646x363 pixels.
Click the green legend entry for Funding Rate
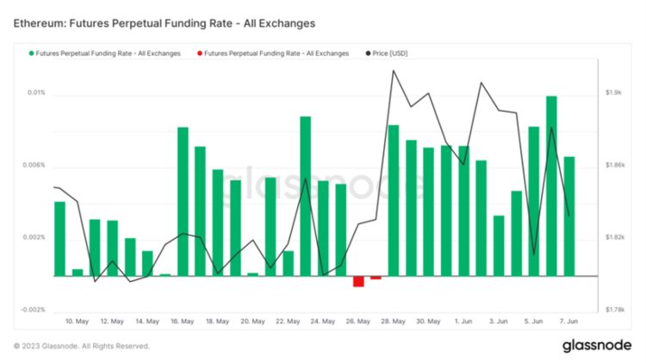[x=102, y=53]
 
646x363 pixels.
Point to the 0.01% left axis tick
[x=35, y=93]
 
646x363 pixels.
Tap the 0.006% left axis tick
[x=34, y=166]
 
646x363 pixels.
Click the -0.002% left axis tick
[x=33, y=310]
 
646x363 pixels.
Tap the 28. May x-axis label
[x=393, y=321]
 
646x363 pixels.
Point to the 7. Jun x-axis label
[x=568, y=321]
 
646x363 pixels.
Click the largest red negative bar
[x=358, y=281]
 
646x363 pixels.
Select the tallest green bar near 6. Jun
[x=551, y=185]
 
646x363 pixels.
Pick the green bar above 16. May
[x=183, y=202]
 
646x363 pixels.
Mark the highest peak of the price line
[x=393, y=71]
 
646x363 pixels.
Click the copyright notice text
[x=82, y=346]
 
